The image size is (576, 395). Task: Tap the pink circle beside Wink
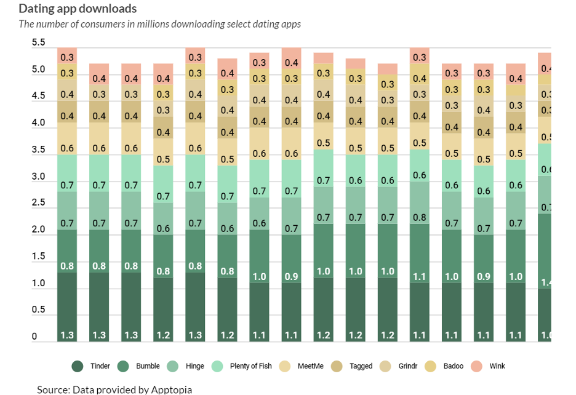478,366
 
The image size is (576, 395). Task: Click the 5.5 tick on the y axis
39,42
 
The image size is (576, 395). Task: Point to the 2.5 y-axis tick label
39,202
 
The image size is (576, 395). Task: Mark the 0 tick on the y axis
34,337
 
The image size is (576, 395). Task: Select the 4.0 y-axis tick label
39,122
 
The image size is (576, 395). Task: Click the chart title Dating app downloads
78,9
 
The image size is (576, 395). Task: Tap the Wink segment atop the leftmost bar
68,55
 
